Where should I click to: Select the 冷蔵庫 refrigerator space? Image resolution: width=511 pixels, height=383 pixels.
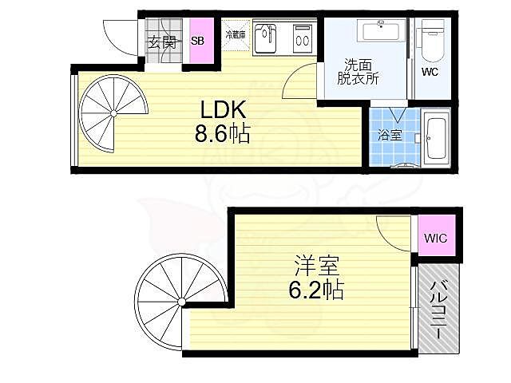[236, 35]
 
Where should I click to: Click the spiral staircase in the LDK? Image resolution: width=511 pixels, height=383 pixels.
[112, 114]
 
